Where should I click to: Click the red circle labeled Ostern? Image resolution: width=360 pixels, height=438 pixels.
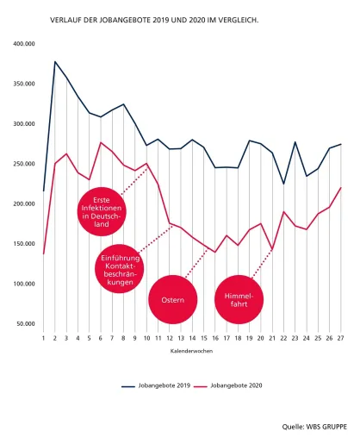coord(173,299)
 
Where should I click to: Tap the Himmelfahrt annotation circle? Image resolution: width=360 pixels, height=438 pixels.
coord(239,299)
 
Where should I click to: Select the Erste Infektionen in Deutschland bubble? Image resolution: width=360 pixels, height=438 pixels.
coord(102,212)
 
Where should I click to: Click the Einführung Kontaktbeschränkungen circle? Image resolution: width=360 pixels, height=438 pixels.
coord(120,269)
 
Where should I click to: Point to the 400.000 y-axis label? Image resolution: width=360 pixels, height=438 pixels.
coord(24,44)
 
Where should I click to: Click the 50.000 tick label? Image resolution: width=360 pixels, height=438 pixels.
coord(26,323)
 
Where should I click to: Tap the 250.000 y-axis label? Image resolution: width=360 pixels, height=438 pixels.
coord(24,164)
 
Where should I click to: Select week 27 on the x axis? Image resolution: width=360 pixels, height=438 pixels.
coord(340,338)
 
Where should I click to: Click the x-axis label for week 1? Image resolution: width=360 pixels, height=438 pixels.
coord(43,338)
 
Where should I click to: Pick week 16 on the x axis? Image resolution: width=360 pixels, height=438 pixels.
coord(215,338)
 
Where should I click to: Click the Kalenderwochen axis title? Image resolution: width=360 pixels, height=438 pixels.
coord(191,351)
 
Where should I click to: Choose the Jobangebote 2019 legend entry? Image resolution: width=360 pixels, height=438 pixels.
coord(156,385)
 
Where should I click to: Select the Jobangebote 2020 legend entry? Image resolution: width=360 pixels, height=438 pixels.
coord(228,385)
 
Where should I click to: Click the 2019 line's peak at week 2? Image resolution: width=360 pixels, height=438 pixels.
coord(55,61)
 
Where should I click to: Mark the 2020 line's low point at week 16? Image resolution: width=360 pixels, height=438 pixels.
coord(215,253)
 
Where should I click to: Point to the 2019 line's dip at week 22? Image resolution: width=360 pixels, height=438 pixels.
coord(283,184)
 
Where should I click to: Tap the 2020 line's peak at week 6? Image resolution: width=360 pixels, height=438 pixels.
coord(101,142)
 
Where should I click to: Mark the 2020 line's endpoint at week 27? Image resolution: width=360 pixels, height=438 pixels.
coord(340,188)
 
